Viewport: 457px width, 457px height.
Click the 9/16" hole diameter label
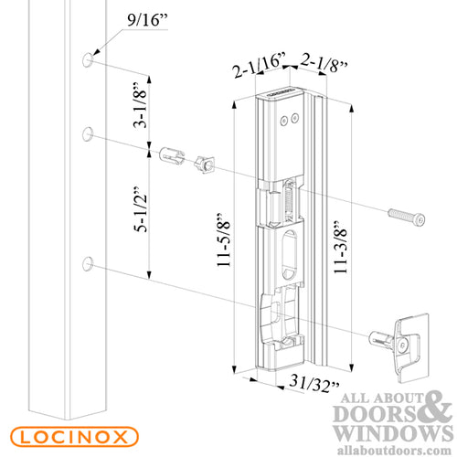147,20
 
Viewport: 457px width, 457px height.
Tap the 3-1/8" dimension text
141,105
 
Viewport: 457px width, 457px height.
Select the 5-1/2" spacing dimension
142,209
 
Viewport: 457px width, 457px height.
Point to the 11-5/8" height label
224,240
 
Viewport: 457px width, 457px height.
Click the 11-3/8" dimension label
341,247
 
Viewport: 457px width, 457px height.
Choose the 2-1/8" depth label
324,62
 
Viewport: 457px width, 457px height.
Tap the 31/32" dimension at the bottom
314,383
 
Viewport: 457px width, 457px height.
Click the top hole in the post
88,59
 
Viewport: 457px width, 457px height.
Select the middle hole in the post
88,134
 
